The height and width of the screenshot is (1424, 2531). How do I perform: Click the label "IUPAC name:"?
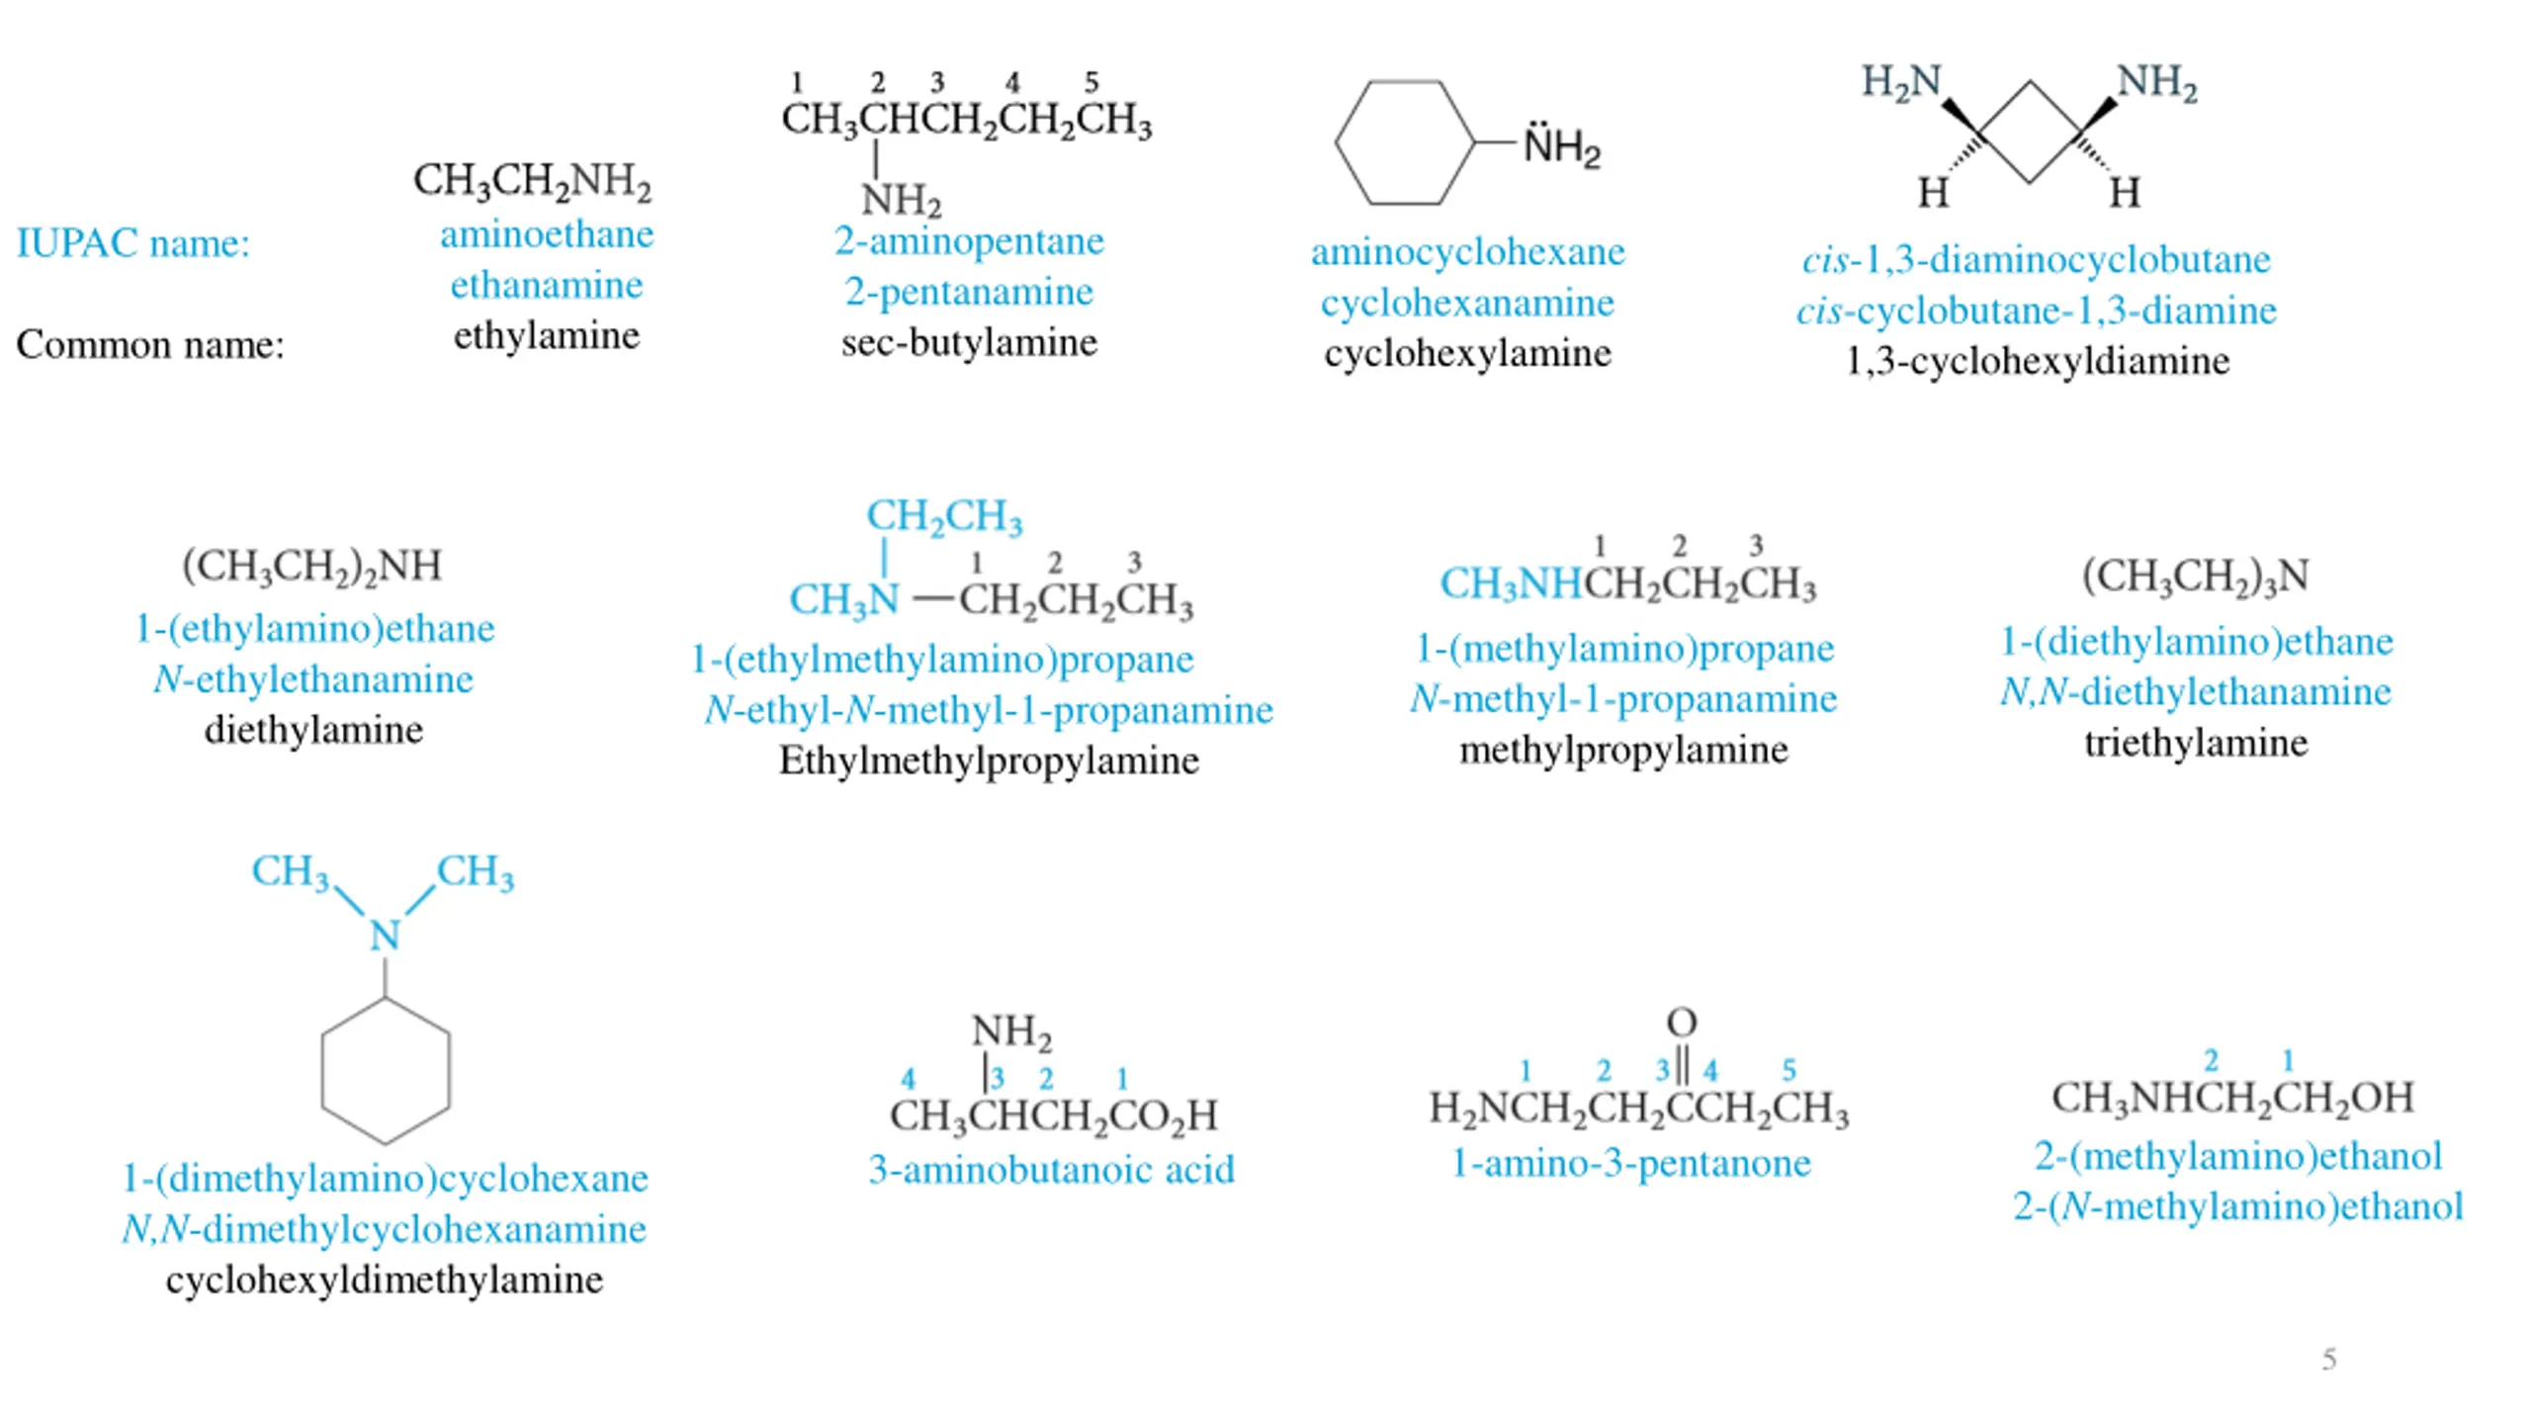[x=133, y=243]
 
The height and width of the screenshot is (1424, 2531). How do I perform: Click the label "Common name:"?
[x=150, y=344]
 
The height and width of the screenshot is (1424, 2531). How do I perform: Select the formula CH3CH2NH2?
[x=532, y=181]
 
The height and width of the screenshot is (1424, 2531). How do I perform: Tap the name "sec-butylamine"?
[x=969, y=342]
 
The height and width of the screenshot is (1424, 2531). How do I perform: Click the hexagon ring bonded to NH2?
[x=1405, y=142]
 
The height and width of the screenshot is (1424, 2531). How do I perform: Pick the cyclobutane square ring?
[x=2030, y=132]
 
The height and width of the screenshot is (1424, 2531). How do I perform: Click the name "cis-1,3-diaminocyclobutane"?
[x=2036, y=260]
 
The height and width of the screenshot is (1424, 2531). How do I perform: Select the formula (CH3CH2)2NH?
[x=311, y=567]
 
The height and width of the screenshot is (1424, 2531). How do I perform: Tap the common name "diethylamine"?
[x=313, y=730]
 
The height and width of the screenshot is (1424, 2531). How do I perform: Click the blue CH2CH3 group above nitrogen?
[x=944, y=516]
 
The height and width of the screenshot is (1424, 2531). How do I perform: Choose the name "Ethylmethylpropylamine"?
[x=989, y=760]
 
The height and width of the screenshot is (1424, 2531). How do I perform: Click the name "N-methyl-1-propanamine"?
[x=1623, y=699]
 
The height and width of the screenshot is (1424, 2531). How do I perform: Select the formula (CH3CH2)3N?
[x=2195, y=576]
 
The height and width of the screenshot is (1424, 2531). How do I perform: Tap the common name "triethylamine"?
[x=2196, y=743]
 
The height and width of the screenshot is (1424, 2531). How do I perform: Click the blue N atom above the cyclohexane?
[x=385, y=934]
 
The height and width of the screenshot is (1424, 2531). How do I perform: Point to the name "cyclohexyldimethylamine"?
[x=385, y=1280]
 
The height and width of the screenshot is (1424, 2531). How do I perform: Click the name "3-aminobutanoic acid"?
[x=1051, y=1170]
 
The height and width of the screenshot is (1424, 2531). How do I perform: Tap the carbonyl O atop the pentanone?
[x=1681, y=1022]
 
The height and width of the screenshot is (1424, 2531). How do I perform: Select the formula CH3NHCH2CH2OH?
[x=2232, y=1098]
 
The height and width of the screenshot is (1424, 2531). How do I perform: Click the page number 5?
[x=2329, y=1359]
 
